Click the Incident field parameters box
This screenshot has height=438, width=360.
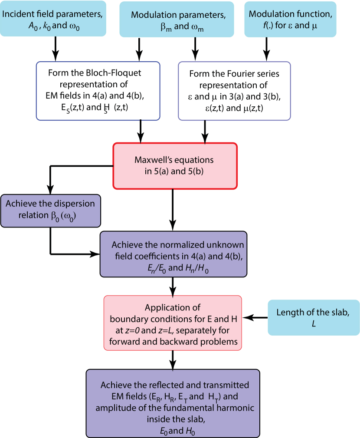point(53,19)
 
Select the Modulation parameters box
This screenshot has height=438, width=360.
point(178,19)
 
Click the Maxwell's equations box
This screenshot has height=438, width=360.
point(175,165)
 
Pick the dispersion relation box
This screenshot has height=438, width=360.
point(50,211)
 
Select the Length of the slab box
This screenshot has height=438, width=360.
point(314,317)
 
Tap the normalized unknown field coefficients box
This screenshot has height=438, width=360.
point(173,254)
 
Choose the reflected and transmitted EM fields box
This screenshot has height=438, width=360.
point(173,403)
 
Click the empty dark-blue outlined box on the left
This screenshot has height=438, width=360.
point(98,91)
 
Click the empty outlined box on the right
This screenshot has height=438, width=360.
point(235,91)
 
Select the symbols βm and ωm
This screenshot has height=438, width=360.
point(179,26)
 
